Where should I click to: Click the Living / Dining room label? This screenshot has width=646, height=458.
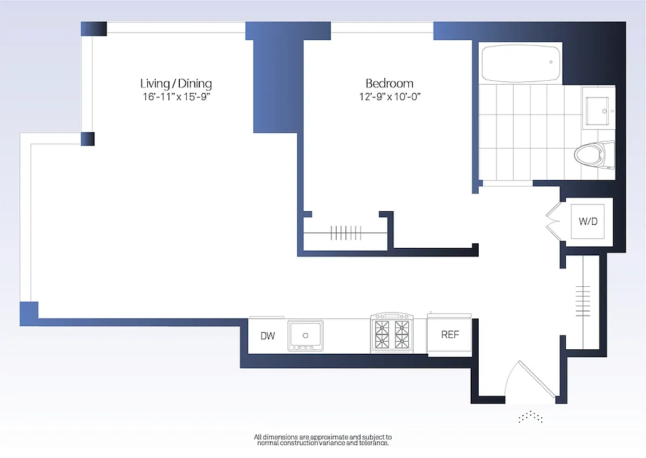pos(176,84)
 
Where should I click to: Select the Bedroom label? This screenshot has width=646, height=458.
pos(389,84)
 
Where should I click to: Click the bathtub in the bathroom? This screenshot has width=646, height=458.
pos(521,64)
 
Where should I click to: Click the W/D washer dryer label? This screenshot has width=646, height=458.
pos(588,221)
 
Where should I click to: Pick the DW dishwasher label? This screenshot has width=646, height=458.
pos(267,336)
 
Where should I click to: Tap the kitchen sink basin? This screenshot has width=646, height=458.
pos(306,334)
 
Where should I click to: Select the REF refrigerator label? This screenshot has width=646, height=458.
pos(450,335)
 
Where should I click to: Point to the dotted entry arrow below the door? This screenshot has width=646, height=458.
pos(530,417)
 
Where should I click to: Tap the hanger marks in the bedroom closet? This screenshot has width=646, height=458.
pos(344,233)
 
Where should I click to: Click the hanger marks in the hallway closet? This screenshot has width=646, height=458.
pos(583,297)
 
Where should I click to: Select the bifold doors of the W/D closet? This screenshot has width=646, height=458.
pos(554,222)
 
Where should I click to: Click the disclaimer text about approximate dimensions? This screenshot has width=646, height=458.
pos(323,440)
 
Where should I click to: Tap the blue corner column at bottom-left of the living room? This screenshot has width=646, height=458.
pos(29,313)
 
